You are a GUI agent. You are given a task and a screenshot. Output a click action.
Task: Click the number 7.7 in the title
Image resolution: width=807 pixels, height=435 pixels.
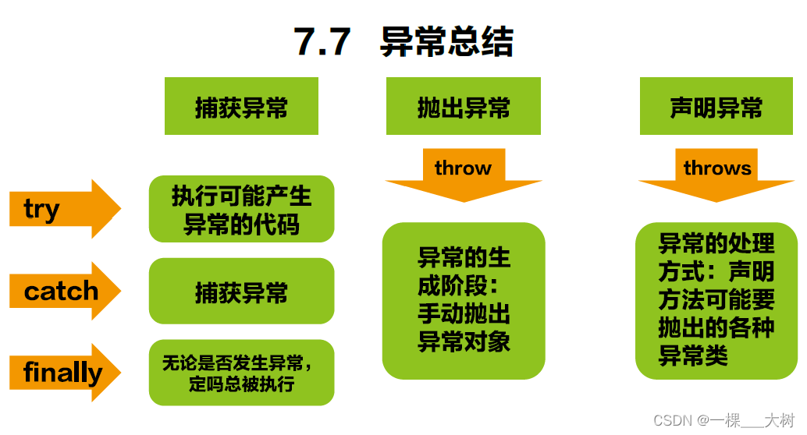click(x=322, y=41)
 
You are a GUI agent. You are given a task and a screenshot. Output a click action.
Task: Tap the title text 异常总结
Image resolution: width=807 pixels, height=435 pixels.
click(x=446, y=41)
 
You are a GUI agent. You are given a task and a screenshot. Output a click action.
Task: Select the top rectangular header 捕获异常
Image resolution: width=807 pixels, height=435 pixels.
click(x=241, y=107)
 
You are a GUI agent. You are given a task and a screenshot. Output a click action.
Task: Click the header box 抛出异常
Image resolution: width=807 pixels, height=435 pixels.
click(x=464, y=107)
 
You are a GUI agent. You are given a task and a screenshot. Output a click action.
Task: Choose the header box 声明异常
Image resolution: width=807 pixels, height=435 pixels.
click(x=716, y=107)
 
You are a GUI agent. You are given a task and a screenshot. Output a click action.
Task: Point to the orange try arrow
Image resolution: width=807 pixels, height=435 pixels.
click(x=64, y=209)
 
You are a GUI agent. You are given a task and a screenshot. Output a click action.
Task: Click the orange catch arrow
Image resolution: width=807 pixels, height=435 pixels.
click(x=64, y=291)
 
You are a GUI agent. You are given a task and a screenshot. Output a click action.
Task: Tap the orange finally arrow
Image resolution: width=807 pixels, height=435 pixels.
click(x=64, y=373)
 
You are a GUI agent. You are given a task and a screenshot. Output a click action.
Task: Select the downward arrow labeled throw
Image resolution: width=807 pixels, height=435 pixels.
click(x=464, y=175)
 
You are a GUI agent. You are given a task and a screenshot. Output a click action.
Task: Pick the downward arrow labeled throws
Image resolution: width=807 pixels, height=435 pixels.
click(x=716, y=175)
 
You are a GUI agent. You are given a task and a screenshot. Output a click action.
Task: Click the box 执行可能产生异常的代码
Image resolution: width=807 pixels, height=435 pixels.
click(x=241, y=209)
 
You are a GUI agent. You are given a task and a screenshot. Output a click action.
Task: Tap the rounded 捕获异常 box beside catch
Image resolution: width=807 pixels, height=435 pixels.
click(x=241, y=292)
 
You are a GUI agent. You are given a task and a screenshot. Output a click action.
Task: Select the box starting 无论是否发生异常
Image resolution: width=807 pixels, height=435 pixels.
click(x=241, y=373)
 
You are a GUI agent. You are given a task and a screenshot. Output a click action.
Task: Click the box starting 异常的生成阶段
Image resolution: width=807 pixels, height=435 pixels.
click(x=464, y=300)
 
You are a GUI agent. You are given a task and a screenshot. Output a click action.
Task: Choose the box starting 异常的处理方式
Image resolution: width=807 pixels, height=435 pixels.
click(x=716, y=300)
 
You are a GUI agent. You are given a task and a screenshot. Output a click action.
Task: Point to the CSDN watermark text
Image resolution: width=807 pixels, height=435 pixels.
click(x=673, y=421)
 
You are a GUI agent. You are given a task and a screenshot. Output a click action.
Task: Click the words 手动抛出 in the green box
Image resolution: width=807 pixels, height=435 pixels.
click(x=464, y=313)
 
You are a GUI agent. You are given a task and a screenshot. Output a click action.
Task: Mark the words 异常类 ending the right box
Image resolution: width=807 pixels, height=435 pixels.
click(x=693, y=356)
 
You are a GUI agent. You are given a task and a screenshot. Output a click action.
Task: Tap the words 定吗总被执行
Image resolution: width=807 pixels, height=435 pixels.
click(x=241, y=384)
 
